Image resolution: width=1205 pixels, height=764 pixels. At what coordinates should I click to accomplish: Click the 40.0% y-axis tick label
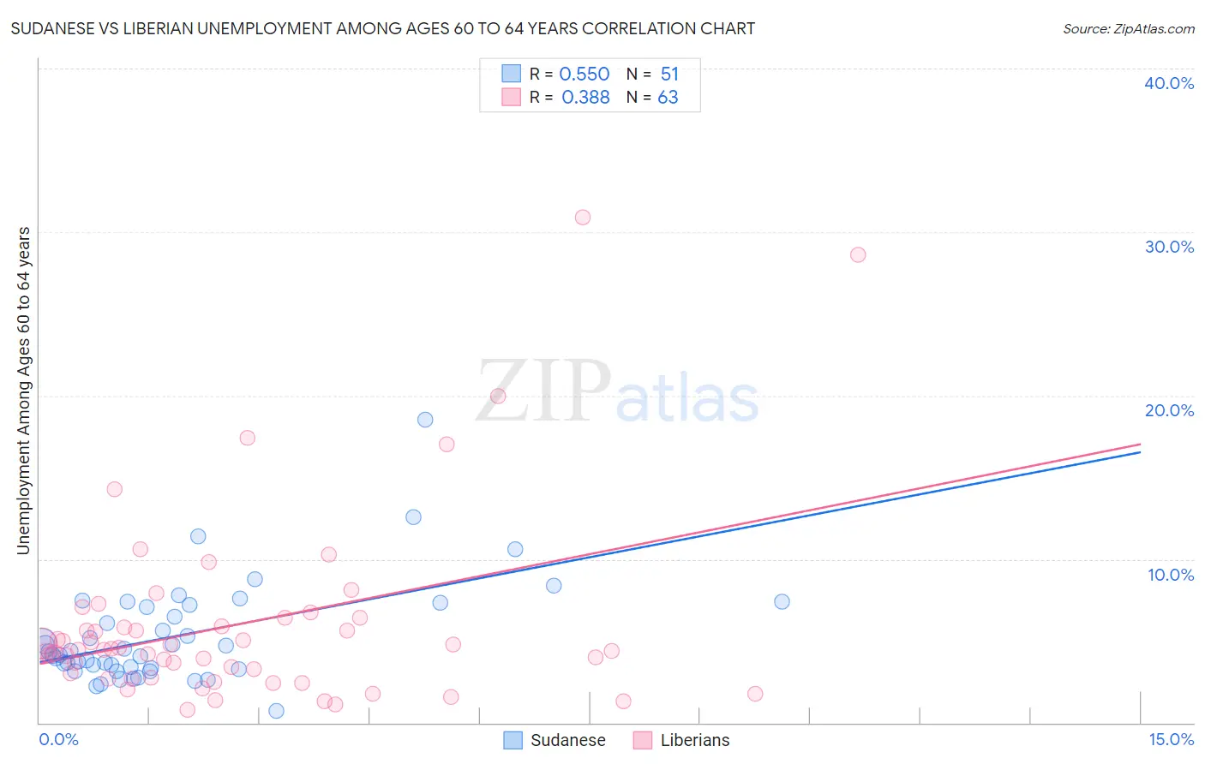pos(1169,83)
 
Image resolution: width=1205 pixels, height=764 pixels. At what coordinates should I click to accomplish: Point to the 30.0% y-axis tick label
pos(1169,247)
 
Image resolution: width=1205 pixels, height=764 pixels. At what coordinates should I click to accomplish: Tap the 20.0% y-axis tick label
pos(1169,410)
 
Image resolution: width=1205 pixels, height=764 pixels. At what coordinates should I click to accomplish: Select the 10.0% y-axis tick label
pos(1171,575)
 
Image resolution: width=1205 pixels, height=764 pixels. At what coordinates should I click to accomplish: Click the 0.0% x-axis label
pos(58,739)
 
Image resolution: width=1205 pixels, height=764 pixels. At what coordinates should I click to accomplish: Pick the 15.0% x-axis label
pos(1171,739)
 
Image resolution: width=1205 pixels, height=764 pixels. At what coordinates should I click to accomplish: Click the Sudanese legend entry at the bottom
pos(567,740)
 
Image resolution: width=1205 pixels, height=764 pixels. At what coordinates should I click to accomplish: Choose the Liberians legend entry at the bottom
pos(694,740)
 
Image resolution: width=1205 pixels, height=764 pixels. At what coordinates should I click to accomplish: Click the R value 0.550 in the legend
pos(584,75)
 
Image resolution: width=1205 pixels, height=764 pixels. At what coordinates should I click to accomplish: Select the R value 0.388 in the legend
pos(585,98)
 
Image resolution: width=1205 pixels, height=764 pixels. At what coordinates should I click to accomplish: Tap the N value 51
pos(669,75)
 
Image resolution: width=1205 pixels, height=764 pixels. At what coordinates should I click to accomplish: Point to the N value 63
pos(668,98)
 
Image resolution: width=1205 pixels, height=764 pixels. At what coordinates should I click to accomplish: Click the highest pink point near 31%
pos(583,218)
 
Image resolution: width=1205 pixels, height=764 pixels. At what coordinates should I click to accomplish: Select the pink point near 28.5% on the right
pos(858,254)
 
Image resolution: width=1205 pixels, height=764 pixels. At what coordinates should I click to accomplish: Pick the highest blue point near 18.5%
pos(425,420)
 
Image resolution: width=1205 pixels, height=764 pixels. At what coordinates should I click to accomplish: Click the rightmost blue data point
pos(782,601)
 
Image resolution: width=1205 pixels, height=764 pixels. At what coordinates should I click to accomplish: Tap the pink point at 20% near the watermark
pos(498,396)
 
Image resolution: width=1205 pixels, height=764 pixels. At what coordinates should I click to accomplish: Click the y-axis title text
pos(23,390)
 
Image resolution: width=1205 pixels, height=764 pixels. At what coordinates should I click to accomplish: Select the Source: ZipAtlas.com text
pos(1128,29)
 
